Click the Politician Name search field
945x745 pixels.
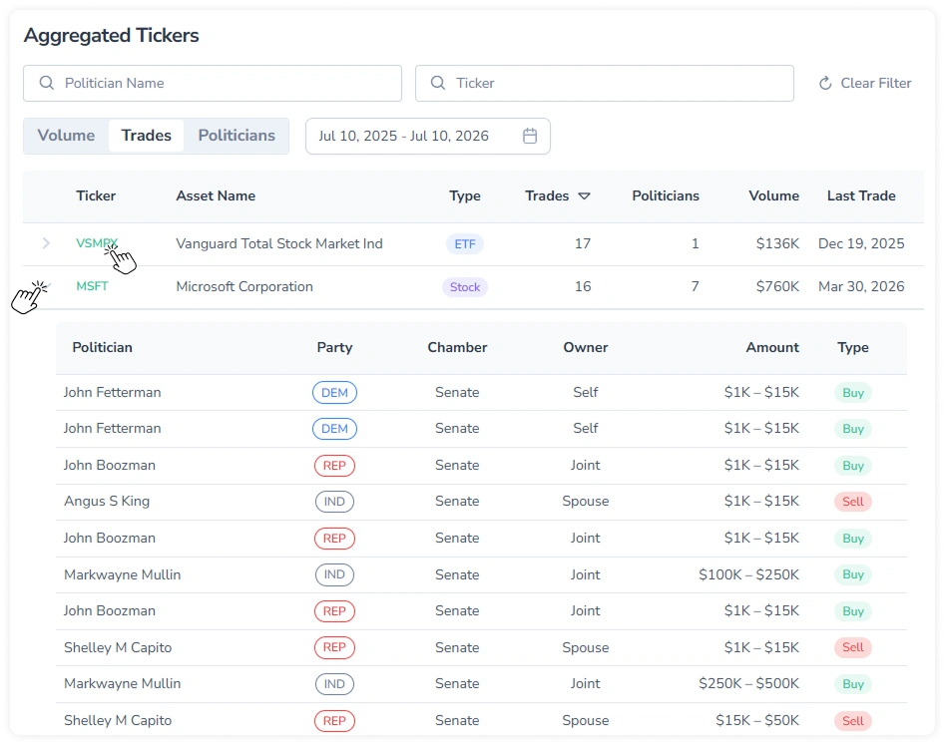[x=213, y=83]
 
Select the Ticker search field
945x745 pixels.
[x=604, y=83]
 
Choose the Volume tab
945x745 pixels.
[x=66, y=136]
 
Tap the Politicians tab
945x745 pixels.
[x=236, y=136]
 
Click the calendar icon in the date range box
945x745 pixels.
[x=530, y=136]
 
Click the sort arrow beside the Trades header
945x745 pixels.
[x=584, y=195]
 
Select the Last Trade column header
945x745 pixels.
[x=860, y=195]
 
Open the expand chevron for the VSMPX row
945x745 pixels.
[x=46, y=243]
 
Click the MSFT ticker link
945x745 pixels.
[x=92, y=286]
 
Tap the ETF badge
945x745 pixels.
[x=465, y=244]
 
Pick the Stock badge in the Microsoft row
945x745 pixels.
[x=465, y=287]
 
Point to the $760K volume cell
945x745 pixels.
[x=777, y=286]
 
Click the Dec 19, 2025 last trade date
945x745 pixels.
[x=860, y=243]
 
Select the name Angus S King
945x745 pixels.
[x=107, y=501]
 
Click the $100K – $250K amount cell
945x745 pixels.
[x=748, y=574]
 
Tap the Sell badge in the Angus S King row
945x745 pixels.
[x=853, y=501]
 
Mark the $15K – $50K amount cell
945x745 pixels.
[x=757, y=720]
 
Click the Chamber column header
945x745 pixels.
[x=457, y=347]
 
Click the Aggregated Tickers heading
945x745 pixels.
[x=112, y=36]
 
